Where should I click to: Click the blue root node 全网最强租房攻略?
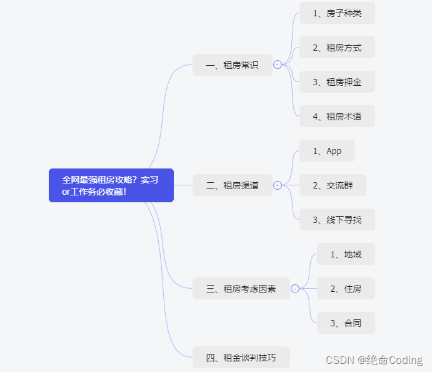[111, 185]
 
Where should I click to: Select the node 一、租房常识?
[232, 65]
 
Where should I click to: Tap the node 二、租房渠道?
[232, 185]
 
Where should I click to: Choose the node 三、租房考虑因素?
[241, 289]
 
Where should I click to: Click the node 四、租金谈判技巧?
[241, 358]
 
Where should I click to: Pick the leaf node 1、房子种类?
[337, 13]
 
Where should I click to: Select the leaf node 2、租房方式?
[337, 48]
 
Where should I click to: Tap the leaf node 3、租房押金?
[337, 82]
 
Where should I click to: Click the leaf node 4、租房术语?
[337, 116]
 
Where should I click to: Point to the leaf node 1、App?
[327, 151]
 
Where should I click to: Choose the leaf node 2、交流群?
[333, 185]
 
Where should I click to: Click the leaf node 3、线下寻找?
[337, 220]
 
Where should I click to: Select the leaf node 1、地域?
[346, 254]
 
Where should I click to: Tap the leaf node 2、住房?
[346, 289]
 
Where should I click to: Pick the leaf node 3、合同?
[346, 323]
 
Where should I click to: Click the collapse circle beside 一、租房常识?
[278, 65]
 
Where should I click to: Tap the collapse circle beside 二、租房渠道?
[278, 185]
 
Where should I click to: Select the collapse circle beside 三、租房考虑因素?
[295, 289]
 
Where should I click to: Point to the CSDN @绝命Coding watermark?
[374, 360]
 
